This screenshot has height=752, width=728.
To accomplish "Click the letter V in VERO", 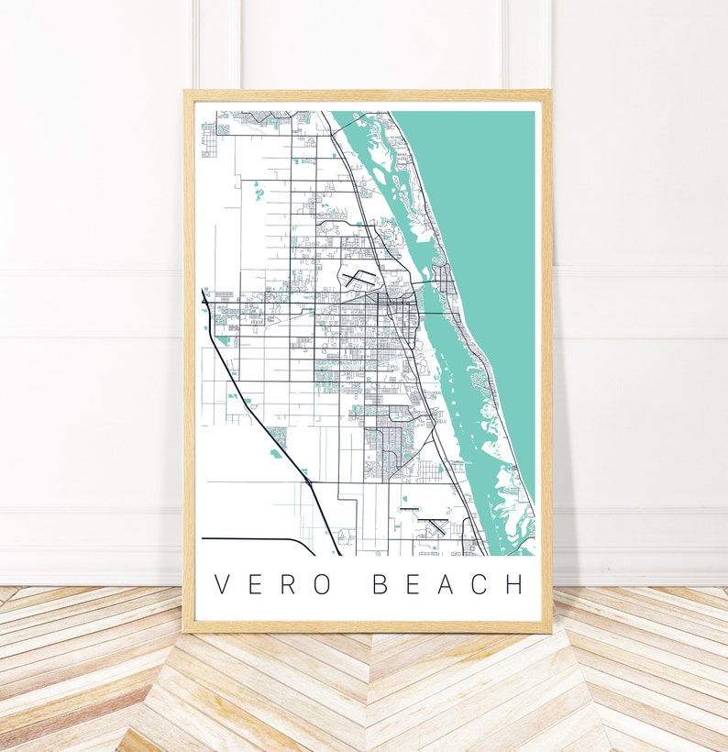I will coord(221,584).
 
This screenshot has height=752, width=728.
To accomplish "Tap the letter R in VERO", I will coord(289,584).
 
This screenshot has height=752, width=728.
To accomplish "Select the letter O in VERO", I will coord(322,584).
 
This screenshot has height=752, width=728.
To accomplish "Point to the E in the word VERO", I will coord(255,584).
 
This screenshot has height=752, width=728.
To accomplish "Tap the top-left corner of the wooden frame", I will coord(186,92).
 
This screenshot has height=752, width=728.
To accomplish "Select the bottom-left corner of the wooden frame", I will coord(185,631).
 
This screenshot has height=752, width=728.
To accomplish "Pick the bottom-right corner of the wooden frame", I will coord(550,631).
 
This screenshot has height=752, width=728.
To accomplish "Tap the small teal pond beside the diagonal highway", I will coord(276,452).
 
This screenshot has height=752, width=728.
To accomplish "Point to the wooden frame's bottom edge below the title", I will coord(367,628).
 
